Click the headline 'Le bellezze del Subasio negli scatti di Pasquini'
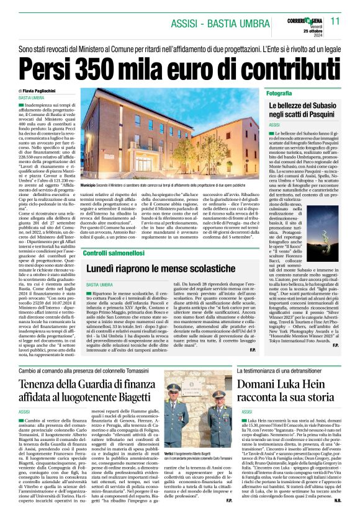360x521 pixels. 303,110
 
